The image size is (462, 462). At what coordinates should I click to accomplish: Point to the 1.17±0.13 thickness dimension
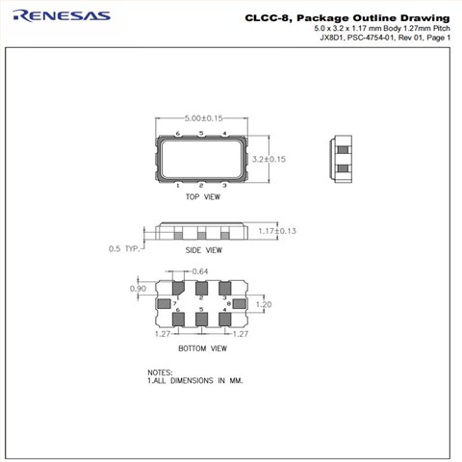(x=277, y=231)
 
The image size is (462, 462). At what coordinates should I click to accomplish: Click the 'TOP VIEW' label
(x=202, y=196)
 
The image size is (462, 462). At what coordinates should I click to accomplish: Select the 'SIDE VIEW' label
(x=202, y=250)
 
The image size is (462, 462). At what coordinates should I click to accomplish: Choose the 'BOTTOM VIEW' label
(x=202, y=348)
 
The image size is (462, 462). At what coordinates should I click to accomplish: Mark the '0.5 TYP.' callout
(x=124, y=247)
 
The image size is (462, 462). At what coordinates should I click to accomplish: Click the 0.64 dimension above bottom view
(x=200, y=272)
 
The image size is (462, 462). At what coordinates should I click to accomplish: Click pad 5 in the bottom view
(x=201, y=319)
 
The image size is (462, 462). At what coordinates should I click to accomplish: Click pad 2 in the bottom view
(x=201, y=288)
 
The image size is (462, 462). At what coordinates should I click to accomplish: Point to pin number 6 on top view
(x=179, y=133)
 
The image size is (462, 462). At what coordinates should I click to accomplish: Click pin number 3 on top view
(x=224, y=184)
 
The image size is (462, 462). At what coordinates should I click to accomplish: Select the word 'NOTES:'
(x=160, y=372)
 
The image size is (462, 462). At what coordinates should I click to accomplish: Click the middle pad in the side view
(x=201, y=233)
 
